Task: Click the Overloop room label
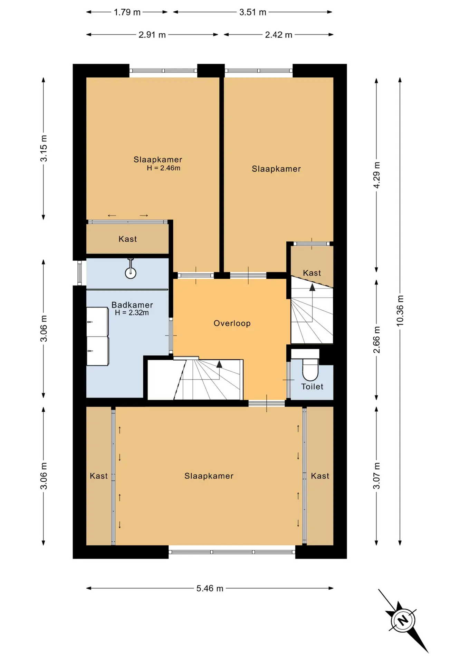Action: pos(232,323)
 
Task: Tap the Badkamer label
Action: pos(132,305)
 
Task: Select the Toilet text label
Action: pos(312,387)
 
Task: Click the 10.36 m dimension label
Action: pos(400,311)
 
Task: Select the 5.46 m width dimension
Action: pos(210,588)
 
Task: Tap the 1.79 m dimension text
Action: pos(127,12)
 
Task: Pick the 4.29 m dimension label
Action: pos(376,175)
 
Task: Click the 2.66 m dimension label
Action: pos(376,340)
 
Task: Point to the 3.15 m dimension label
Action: pos(44,148)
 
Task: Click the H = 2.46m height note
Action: pos(163,168)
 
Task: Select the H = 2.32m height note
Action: pos(132,313)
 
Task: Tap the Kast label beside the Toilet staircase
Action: pos(312,273)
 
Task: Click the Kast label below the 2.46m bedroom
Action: pos(128,239)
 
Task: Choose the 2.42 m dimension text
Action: pos(279,35)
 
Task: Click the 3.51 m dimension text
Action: pos(253,12)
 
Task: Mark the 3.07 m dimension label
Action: pos(376,476)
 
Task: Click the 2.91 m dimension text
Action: pos(152,35)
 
